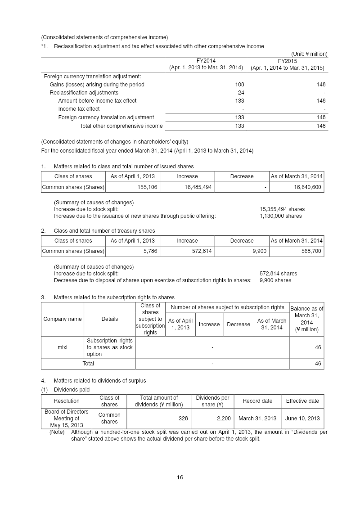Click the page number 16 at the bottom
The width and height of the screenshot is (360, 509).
click(x=180, y=477)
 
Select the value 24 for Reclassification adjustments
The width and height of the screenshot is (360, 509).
click(x=240, y=93)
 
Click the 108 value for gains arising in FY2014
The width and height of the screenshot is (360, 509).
click(x=239, y=85)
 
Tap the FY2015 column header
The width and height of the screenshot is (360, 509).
click(x=287, y=61)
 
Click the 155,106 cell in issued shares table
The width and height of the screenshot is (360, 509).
click(x=148, y=187)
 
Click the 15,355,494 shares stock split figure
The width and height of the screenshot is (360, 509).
click(x=282, y=209)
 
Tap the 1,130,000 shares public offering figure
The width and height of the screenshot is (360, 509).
click(x=281, y=216)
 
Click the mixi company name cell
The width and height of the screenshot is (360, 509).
click(x=63, y=347)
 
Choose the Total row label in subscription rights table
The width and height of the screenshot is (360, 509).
click(x=88, y=364)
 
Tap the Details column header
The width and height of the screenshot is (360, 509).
click(x=109, y=319)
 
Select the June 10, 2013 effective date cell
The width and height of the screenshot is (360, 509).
click(x=302, y=419)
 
